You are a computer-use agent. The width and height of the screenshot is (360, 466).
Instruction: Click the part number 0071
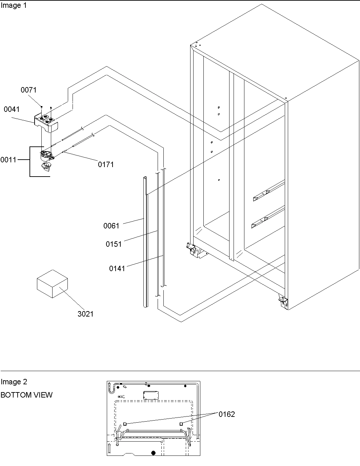[x=28, y=90]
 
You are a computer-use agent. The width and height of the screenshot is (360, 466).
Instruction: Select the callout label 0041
[x=12, y=109]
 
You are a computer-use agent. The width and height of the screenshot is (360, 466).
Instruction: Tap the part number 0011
[x=8, y=160]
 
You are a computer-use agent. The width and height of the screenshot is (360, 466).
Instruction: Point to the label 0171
[x=106, y=165]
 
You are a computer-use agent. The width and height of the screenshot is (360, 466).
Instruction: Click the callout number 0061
[x=111, y=226]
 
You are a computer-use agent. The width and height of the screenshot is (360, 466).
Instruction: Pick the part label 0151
[x=114, y=244]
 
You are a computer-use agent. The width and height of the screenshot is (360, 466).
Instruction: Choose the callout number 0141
[x=117, y=269]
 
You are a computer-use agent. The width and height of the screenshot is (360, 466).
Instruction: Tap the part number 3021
[x=85, y=314]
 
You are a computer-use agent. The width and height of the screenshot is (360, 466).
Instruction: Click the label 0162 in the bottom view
[x=226, y=414]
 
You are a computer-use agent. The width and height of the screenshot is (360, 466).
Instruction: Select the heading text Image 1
[x=14, y=6]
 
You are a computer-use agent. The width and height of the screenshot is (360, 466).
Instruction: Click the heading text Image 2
[x=14, y=382]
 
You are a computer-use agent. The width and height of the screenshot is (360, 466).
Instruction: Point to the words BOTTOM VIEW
[x=26, y=395]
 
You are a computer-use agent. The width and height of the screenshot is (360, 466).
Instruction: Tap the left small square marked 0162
[x=125, y=424]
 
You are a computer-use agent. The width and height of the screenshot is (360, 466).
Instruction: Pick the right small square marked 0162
[x=181, y=424]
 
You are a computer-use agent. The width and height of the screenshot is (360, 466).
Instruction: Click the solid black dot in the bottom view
[x=153, y=452]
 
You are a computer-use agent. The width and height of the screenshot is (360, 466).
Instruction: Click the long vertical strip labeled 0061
[x=145, y=244]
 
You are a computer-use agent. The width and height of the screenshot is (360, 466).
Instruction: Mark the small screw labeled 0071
[x=41, y=107]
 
